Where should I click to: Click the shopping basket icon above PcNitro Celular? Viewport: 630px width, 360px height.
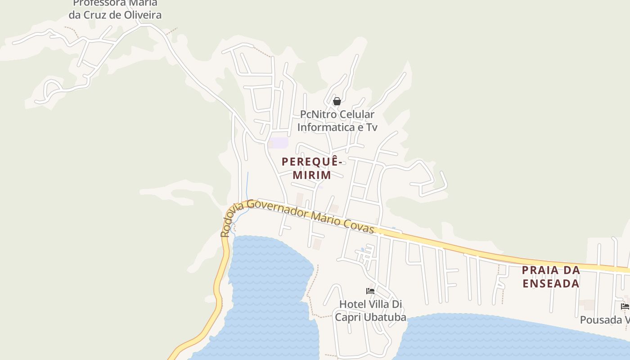coord(337,102)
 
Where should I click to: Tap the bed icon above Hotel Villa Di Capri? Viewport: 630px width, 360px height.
coord(370,291)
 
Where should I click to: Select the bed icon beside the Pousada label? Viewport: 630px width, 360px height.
coord(625,306)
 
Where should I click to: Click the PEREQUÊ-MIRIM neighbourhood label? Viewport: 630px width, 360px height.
coord(312,168)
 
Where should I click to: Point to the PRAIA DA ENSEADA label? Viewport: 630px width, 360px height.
coord(551,277)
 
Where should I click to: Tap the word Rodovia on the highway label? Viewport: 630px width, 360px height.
coord(230,220)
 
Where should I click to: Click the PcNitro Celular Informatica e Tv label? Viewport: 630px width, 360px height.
coord(337,121)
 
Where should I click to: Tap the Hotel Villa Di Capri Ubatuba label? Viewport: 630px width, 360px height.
coord(370,310)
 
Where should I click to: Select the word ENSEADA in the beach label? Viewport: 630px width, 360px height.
coord(551,283)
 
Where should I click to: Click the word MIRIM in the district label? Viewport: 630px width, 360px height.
coord(312,175)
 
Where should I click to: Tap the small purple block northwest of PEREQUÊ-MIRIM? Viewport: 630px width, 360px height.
coord(279,143)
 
